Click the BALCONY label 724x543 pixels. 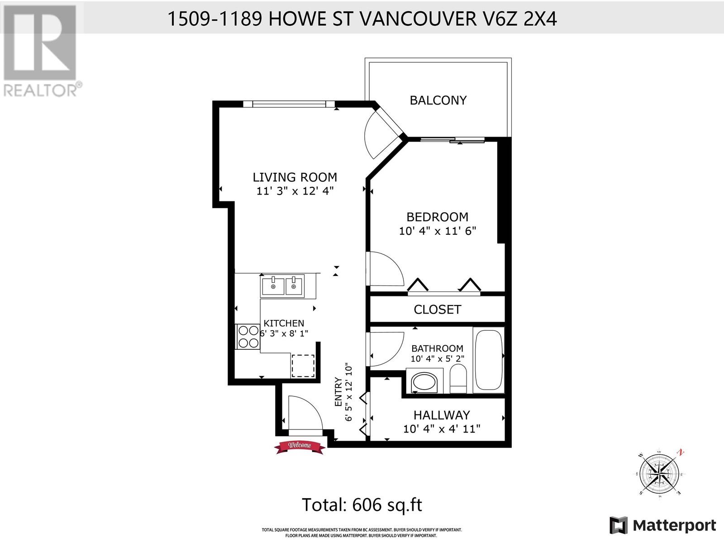[438, 100]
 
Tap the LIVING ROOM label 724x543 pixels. [295, 177]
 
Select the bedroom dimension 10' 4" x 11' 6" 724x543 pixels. [438, 231]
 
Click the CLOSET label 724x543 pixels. [438, 309]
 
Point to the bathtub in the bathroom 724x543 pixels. [489, 360]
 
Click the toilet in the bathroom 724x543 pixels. [458, 378]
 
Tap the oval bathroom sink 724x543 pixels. [424, 382]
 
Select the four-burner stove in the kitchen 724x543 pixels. [248, 337]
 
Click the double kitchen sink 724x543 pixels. [282, 286]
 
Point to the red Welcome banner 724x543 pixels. [300, 447]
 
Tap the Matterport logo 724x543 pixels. [663, 525]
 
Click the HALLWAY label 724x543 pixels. [442, 415]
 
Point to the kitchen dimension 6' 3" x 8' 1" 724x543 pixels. [284, 333]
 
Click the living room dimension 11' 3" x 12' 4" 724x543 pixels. [295, 191]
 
